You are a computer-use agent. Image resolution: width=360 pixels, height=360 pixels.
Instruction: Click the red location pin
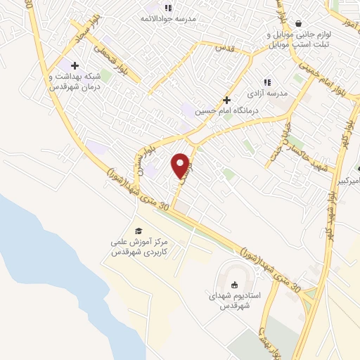pyautogui.click(x=181, y=165)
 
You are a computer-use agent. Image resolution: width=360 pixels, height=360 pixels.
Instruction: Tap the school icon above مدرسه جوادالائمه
pyautogui.click(x=168, y=8)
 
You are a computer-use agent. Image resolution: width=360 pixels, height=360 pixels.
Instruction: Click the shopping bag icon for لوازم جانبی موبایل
pyautogui.click(x=299, y=23)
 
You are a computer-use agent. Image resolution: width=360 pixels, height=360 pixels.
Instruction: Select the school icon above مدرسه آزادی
pyautogui.click(x=266, y=82)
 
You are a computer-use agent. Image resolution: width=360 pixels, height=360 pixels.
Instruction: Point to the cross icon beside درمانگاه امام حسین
pyautogui.click(x=226, y=100)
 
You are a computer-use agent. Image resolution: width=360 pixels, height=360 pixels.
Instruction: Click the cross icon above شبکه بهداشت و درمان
pyautogui.click(x=75, y=65)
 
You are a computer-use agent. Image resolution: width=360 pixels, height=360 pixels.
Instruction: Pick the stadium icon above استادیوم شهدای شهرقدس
pyautogui.click(x=234, y=285)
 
